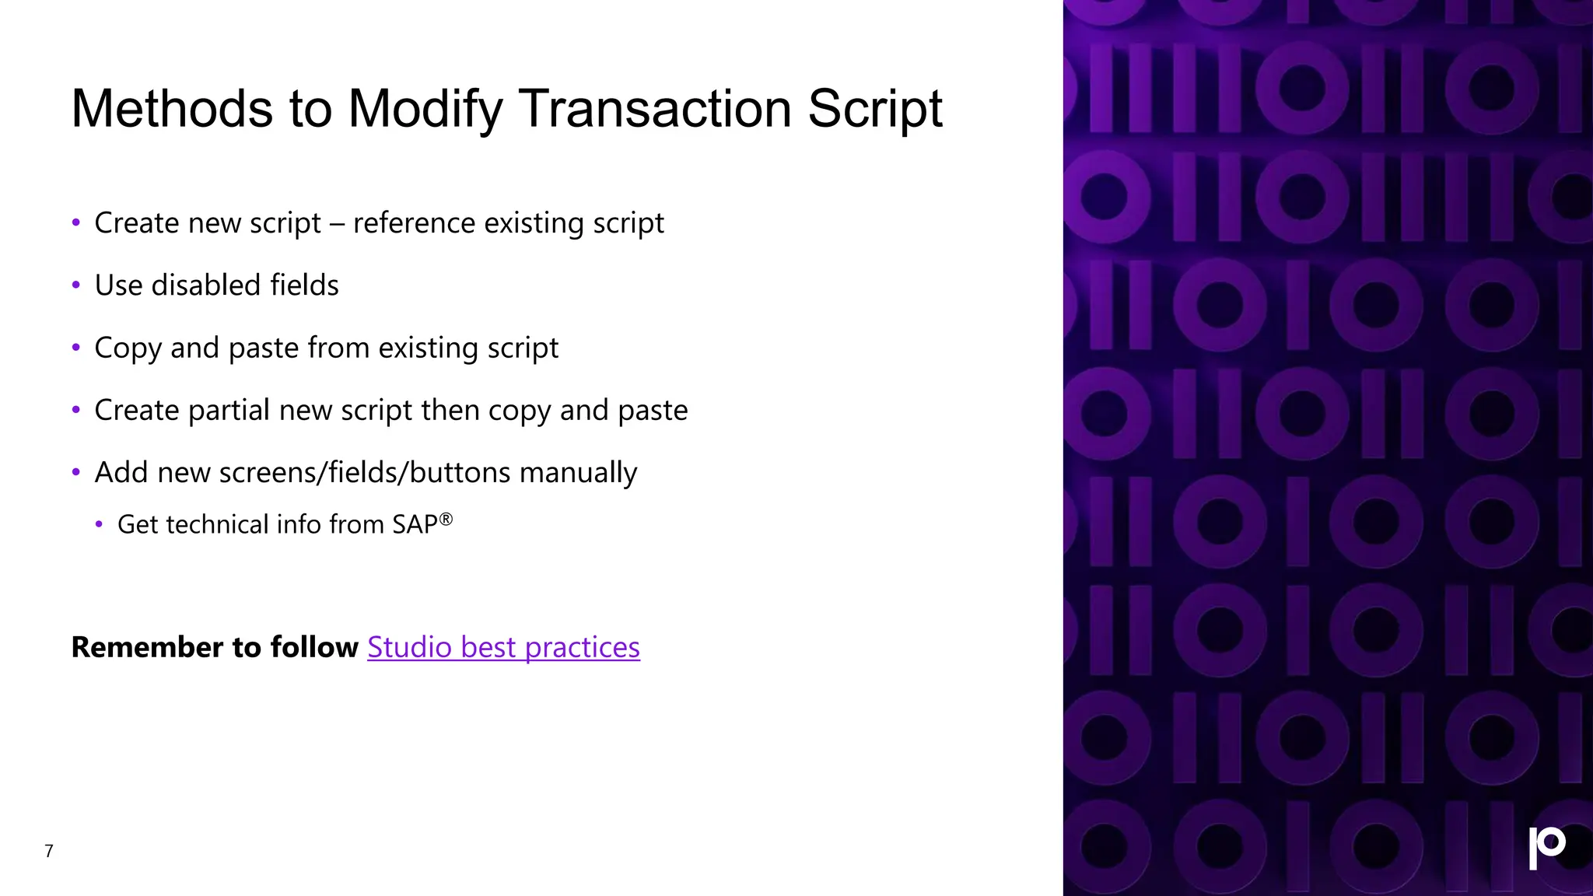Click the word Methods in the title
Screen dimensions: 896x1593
[171, 109]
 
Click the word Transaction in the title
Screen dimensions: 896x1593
[654, 109]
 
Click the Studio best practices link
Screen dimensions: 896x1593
[503, 647]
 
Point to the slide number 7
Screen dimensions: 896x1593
[49, 851]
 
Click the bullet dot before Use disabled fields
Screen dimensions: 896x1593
[76, 285]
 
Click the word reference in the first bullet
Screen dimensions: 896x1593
[414, 223]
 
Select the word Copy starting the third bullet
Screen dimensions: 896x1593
[128, 348]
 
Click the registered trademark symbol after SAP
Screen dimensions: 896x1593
[446, 519]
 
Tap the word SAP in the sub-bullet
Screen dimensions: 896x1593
[415, 525]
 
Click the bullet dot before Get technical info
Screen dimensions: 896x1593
[99, 525]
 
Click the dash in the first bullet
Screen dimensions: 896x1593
[337, 224]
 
